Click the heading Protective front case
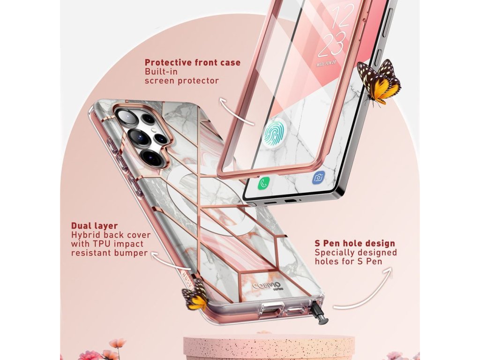[192, 62]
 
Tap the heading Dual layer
[94, 225]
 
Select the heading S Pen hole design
[355, 243]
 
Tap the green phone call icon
[262, 184]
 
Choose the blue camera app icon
[319, 177]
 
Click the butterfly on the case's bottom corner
[195, 294]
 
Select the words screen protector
[181, 81]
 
